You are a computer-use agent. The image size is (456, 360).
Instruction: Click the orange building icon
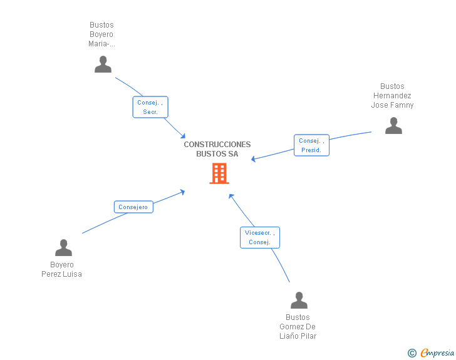click(x=219, y=173)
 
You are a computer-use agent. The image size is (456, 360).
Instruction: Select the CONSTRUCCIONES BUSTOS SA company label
click(x=217, y=149)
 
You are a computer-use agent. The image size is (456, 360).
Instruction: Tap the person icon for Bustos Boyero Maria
click(x=103, y=64)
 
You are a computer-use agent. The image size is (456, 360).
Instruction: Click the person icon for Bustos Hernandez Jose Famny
click(x=393, y=126)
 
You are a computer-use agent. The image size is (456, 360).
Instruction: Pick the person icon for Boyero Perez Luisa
click(x=63, y=248)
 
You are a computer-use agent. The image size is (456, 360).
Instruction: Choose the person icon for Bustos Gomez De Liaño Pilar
click(x=299, y=300)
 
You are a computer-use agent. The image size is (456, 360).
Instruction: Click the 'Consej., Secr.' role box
click(x=150, y=107)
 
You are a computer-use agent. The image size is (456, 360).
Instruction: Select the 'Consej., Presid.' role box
click(x=311, y=145)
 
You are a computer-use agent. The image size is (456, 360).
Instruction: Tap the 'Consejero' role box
click(x=133, y=207)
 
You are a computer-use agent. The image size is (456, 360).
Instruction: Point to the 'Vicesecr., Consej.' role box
click(x=260, y=237)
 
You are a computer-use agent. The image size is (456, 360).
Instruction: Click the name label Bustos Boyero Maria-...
click(x=101, y=34)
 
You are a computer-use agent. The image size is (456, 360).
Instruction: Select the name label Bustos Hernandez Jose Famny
click(x=392, y=96)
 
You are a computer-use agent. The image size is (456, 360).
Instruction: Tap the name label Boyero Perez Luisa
click(x=61, y=269)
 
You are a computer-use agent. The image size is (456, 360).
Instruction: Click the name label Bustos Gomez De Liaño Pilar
click(x=298, y=327)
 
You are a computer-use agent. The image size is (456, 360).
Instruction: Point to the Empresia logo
click(x=437, y=352)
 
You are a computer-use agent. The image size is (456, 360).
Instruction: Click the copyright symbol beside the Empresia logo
click(x=412, y=353)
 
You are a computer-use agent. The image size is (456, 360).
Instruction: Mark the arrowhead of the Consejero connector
click(x=183, y=192)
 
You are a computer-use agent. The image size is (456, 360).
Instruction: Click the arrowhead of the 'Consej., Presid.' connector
click(x=253, y=159)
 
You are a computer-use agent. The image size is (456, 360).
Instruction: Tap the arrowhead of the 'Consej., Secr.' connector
click(x=183, y=136)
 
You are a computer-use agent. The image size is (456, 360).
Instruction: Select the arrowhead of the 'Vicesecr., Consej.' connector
click(x=231, y=196)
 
